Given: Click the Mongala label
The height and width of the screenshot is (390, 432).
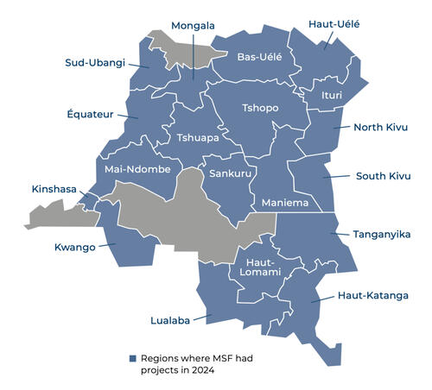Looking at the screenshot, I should pos(193,26).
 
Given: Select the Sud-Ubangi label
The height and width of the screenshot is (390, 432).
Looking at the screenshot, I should pos(95,62).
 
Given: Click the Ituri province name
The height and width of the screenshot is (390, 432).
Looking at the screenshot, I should pos(333,94).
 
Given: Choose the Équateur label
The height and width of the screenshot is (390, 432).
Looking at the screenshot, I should pos(90,114).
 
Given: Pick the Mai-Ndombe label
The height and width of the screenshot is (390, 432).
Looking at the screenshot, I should pos(137,169).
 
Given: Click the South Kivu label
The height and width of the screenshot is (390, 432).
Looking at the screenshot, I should pos(383,176).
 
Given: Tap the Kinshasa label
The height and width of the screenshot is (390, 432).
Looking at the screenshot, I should pos(54,188).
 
